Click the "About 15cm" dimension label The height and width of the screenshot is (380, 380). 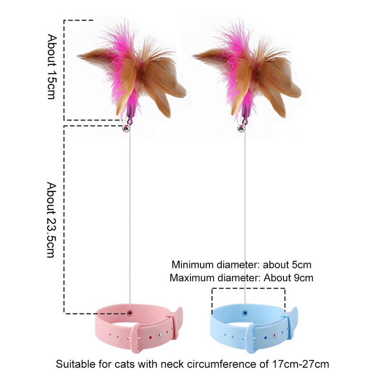[52, 66]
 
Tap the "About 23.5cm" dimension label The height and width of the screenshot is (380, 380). [52, 219]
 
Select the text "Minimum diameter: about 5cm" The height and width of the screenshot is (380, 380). [242, 265]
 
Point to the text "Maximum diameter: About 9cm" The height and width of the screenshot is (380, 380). [242, 277]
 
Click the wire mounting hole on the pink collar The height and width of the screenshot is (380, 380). [130, 313]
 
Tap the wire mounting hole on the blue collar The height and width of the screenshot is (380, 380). [245, 313]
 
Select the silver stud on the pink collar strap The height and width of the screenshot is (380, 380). [159, 336]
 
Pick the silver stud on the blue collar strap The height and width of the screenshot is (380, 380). [274, 336]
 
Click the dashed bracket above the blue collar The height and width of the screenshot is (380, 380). [248, 288]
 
